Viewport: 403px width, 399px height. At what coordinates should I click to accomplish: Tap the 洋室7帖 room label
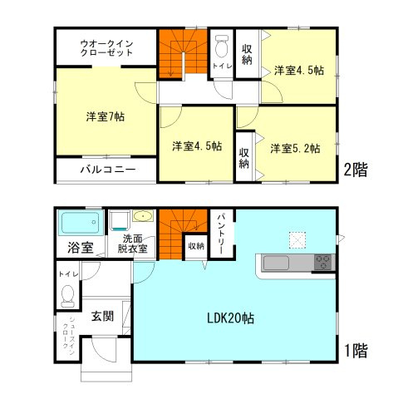[x=105, y=116]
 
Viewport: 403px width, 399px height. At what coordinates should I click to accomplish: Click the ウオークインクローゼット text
[x=106, y=47]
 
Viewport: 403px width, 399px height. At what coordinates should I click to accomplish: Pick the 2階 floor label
[x=356, y=170]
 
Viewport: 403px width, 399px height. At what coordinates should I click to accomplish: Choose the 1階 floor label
[x=356, y=351]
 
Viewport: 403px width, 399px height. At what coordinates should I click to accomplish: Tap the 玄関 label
[x=103, y=316]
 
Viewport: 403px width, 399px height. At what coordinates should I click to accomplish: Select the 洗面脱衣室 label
[x=133, y=244]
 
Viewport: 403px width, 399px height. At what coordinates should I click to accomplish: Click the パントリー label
[x=222, y=228]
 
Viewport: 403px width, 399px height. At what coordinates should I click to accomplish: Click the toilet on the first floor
[x=68, y=294]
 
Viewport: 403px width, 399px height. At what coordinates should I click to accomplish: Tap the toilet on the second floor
[x=222, y=45]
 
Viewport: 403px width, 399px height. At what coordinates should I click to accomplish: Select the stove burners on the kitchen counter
[x=322, y=264]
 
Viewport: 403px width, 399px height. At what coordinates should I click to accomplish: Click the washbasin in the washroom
[x=143, y=218]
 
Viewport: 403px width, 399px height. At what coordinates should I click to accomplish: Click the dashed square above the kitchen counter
[x=297, y=240]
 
